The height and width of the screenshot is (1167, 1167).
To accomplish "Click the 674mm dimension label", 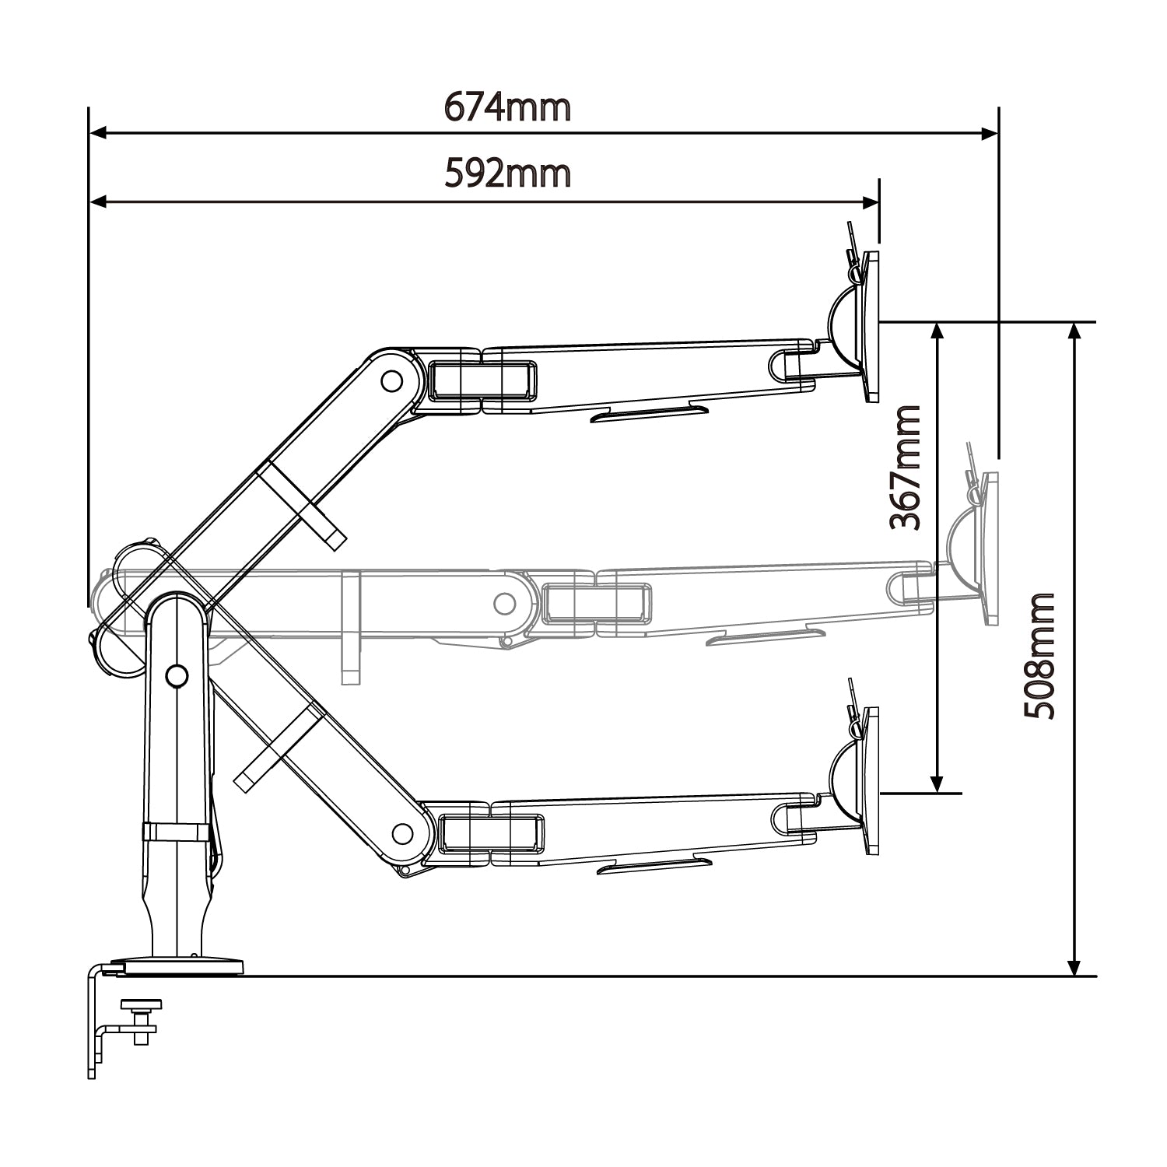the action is tap(507, 107).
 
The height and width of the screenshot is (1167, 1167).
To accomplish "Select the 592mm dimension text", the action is tap(507, 174).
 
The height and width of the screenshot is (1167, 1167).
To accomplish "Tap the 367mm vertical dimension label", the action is tap(906, 467).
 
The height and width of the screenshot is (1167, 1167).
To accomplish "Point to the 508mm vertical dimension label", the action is tap(1039, 656).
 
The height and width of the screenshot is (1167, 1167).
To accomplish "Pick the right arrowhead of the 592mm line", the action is tap(870, 202).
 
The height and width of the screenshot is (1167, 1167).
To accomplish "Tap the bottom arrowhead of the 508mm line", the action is tap(1074, 965).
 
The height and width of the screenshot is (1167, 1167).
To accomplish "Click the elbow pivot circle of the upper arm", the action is tap(391, 380).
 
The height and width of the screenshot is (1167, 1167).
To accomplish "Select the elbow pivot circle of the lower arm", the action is tap(402, 834).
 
